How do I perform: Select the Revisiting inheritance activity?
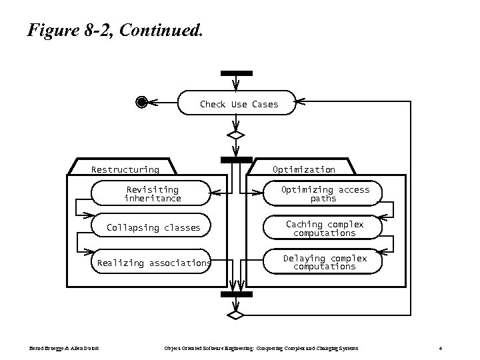153,194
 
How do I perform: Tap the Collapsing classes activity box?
153,227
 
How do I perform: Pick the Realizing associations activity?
153,263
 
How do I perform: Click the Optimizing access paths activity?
324,194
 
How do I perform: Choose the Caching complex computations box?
324,229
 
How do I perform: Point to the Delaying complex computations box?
324,263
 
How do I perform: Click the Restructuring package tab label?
125,170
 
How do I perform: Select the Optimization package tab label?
303,170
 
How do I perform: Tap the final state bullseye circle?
141,102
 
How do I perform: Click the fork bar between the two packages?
236,160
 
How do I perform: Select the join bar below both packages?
236,294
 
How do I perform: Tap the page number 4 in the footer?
441,348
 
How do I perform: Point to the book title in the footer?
261,348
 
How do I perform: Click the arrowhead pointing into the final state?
151,103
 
